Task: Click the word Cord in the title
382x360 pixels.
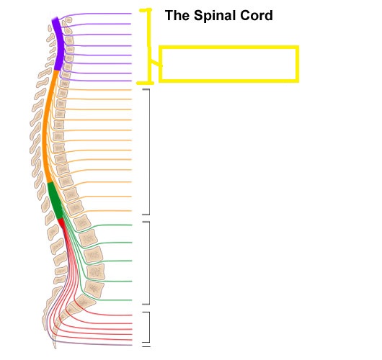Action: point(257,16)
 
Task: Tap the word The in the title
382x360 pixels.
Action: point(177,16)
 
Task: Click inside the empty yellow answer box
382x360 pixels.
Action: point(228,64)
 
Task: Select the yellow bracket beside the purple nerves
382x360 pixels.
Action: point(149,46)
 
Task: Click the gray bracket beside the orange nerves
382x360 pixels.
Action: point(149,152)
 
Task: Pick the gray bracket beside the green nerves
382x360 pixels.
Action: point(149,263)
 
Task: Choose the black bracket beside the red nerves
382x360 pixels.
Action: point(149,327)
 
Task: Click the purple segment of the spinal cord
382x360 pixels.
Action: point(58,44)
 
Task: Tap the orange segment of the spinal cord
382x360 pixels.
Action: point(46,127)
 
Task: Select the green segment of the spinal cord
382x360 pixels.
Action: point(55,201)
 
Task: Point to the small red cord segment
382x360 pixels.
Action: point(61,223)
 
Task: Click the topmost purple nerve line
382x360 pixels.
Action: point(97,14)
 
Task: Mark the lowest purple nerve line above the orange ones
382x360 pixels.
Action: point(97,81)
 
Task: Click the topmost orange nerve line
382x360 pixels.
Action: point(97,90)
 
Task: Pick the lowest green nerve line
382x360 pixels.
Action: point(110,300)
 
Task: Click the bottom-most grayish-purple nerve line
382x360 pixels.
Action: point(92,344)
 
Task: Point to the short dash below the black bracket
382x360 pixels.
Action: point(146,346)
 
